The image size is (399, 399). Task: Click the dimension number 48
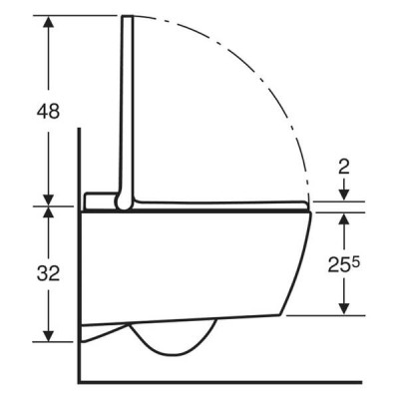tap(48, 111)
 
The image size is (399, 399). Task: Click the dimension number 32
tap(48, 273)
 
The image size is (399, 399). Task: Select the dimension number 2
tap(344, 168)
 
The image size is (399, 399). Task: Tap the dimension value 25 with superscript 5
tap(343, 264)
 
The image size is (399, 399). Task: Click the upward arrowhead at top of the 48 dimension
tap(49, 22)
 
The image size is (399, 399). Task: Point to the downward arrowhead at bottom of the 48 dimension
tap(49, 200)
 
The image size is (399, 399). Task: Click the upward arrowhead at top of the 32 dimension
tap(49, 212)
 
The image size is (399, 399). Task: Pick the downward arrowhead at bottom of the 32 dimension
tap(49, 335)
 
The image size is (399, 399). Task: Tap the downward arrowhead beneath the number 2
tap(344, 195)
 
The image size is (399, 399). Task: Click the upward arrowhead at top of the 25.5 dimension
tap(344, 218)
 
